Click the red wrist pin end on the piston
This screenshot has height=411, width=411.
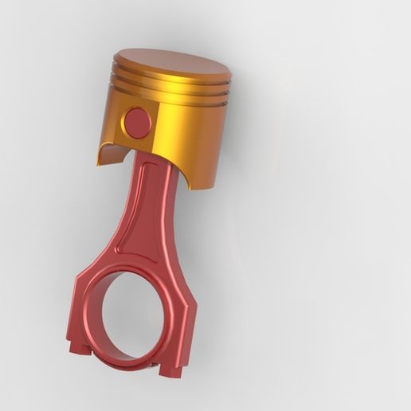click(x=138, y=122)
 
